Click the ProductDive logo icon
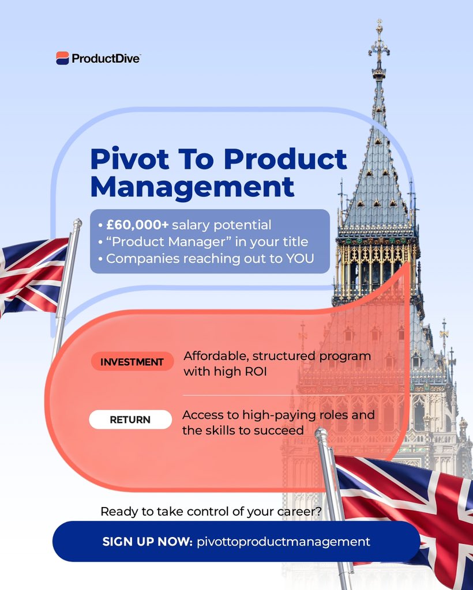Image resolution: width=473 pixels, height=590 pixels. click(x=62, y=58)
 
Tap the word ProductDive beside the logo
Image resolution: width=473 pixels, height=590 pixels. click(x=106, y=58)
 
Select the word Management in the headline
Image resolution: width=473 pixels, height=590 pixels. click(x=192, y=187)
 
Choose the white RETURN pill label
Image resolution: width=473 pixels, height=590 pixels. click(x=130, y=419)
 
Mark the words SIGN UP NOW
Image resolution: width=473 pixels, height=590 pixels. click(x=147, y=542)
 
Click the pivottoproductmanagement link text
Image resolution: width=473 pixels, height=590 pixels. click(x=283, y=542)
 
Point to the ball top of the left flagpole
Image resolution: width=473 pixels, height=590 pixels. click(x=77, y=224)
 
